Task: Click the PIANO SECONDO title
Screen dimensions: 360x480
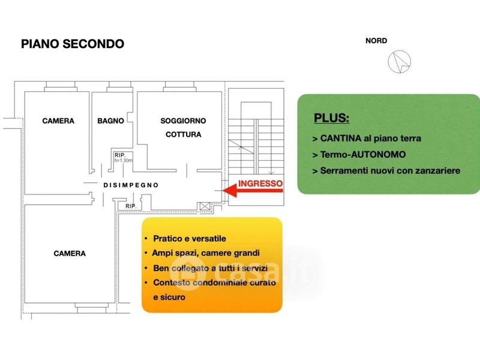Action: tap(73, 44)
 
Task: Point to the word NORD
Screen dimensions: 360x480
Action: tap(376, 41)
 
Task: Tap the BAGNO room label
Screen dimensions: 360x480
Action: tap(110, 121)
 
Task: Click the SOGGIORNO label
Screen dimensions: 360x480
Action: tap(183, 121)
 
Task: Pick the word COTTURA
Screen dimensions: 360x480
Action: tap(183, 134)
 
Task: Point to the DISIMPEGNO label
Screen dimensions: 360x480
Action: tap(131, 185)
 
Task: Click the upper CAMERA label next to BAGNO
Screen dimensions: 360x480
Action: tap(58, 121)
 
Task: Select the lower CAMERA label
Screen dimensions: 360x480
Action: tap(70, 253)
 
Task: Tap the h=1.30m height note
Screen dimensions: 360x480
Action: tap(123, 161)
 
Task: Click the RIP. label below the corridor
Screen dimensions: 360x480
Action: tap(131, 206)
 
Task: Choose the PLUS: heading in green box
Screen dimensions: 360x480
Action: tap(331, 118)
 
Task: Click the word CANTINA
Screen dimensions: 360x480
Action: tap(340, 138)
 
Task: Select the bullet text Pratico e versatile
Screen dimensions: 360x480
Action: tap(190, 238)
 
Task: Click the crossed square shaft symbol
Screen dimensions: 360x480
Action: tap(206, 206)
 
